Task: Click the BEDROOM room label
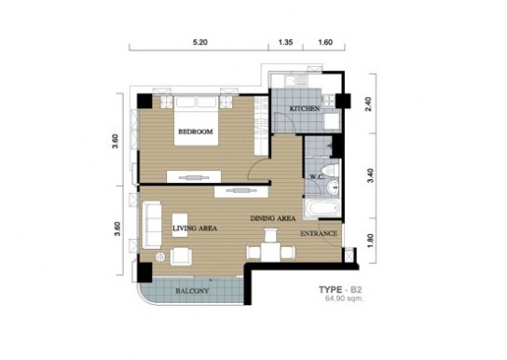coord(196,132)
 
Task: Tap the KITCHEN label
coord(304,109)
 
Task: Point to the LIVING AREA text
coord(195,228)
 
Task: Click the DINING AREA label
coord(273,218)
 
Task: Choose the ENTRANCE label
coord(319,233)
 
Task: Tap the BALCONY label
coord(192,291)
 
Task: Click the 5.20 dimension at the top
coord(199,42)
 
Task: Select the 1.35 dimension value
coord(285,42)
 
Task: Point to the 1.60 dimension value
coord(325,42)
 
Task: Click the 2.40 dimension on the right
coord(369,104)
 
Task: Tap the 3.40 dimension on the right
coord(371,175)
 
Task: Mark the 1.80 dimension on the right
coord(371,241)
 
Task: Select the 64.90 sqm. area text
coord(344,298)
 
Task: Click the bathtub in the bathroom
coord(322,209)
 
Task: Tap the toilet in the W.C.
coord(331,171)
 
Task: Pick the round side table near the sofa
coord(160,257)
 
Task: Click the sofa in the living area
coord(152,225)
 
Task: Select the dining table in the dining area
coord(271,252)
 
